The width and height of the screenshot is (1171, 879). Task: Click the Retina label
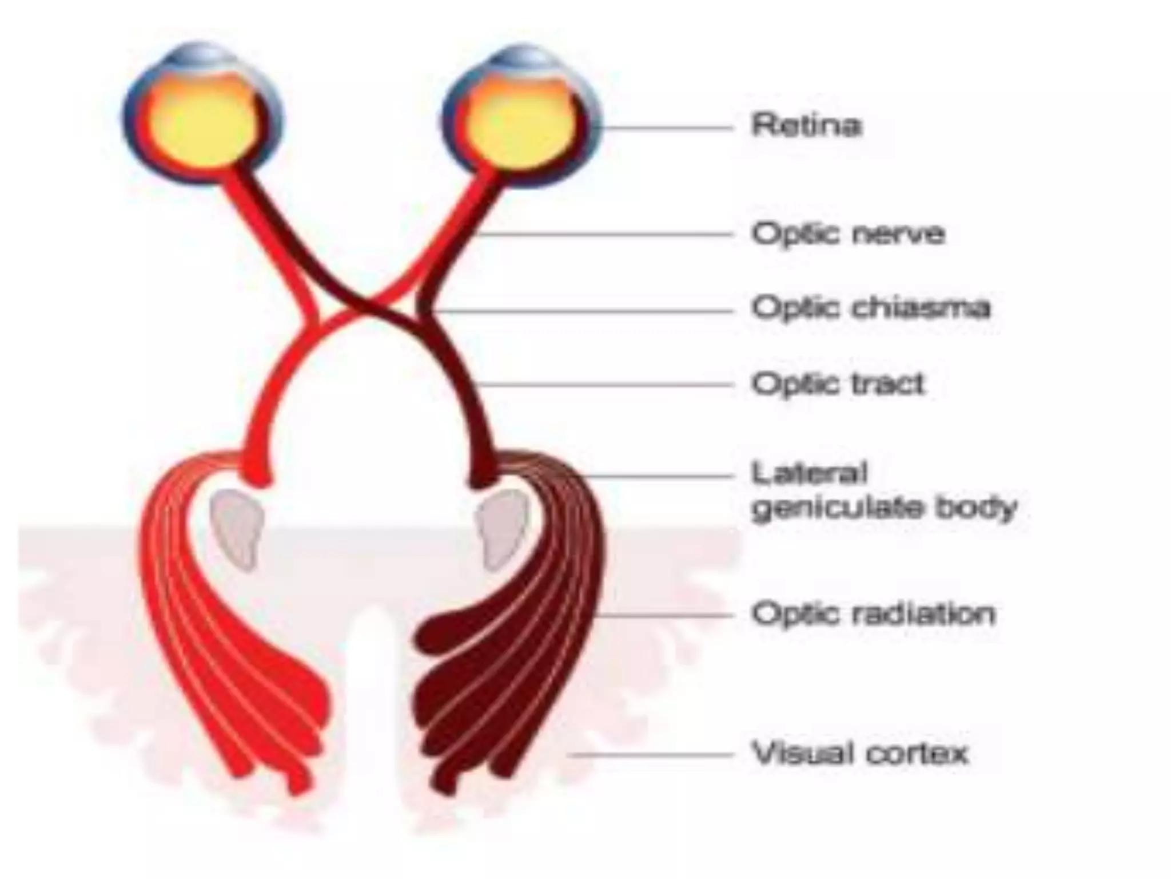[x=806, y=125]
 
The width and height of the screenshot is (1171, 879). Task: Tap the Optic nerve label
[x=848, y=233]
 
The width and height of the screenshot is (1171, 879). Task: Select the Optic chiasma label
[x=870, y=308]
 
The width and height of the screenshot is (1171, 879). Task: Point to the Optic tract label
[x=838, y=383]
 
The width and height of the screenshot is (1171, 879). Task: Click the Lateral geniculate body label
[x=883, y=491]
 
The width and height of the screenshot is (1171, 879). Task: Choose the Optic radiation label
[x=873, y=614]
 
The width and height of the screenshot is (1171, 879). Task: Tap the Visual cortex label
[x=859, y=753]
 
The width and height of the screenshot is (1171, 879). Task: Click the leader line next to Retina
[x=666, y=127]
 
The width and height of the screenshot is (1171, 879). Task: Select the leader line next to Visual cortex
[x=652, y=755]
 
